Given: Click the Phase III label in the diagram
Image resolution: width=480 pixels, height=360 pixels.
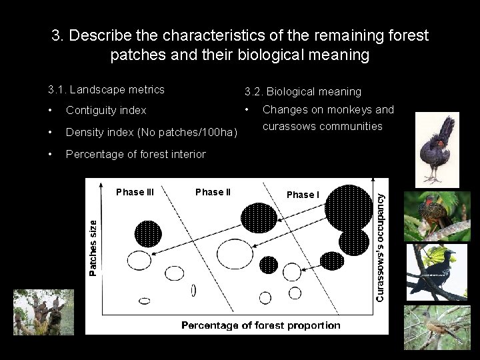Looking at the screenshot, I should click(x=135, y=192).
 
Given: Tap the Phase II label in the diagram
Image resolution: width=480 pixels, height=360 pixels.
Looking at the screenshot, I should click(x=213, y=192).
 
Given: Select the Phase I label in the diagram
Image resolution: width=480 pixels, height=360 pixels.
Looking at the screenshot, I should click(x=303, y=195).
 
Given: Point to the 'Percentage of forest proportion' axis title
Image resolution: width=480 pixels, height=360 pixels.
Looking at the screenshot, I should click(x=261, y=325).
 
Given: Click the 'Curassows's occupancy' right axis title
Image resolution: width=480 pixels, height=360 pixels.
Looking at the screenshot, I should click(x=379, y=247).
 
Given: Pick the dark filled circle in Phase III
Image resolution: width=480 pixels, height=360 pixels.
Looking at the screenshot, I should click(x=148, y=233).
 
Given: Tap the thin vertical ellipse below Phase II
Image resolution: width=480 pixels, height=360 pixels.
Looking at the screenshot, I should click(x=193, y=290).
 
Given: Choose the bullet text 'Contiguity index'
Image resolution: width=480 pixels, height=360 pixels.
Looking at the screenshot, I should click(x=106, y=110).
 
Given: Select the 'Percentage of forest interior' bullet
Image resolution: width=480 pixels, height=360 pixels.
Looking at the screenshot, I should click(x=136, y=155).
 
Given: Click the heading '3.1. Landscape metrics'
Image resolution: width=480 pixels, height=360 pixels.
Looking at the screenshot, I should click(x=106, y=89).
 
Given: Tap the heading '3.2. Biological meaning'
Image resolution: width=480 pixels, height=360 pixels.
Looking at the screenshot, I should click(x=303, y=91).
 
